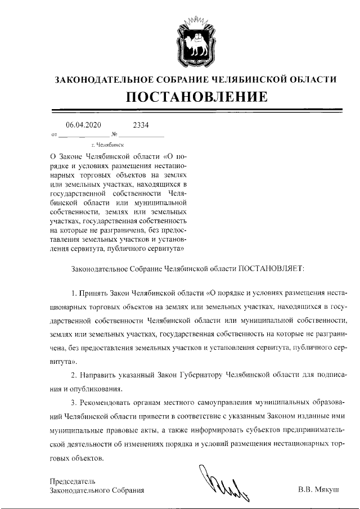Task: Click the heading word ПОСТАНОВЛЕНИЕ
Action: [x=195, y=98]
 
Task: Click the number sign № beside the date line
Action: [x=114, y=135]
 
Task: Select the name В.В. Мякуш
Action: [x=318, y=490]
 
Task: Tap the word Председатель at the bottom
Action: [x=73, y=481]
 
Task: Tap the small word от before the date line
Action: [x=54, y=136]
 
